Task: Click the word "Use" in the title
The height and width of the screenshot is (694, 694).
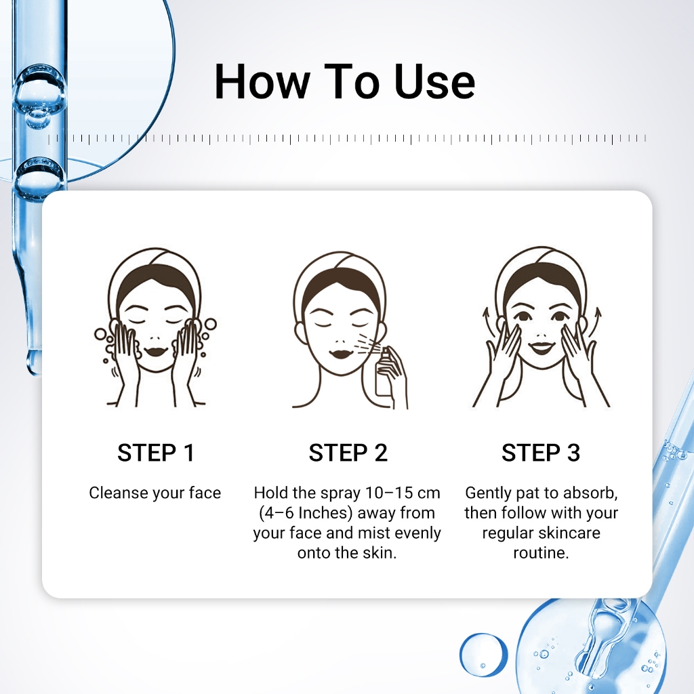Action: click(x=434, y=82)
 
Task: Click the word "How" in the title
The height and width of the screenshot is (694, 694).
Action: click(x=262, y=82)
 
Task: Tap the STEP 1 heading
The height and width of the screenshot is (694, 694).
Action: click(x=156, y=453)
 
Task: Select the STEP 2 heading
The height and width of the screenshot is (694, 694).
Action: click(x=348, y=453)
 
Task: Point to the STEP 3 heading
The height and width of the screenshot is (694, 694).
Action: click(x=540, y=453)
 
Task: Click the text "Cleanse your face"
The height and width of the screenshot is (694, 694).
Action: click(x=155, y=493)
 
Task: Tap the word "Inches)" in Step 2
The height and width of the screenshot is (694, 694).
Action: click(x=325, y=513)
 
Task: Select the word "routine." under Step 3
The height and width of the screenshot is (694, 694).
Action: click(x=541, y=553)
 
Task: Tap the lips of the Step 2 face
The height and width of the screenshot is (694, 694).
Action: click(x=340, y=354)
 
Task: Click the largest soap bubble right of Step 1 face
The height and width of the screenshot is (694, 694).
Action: click(x=210, y=325)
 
